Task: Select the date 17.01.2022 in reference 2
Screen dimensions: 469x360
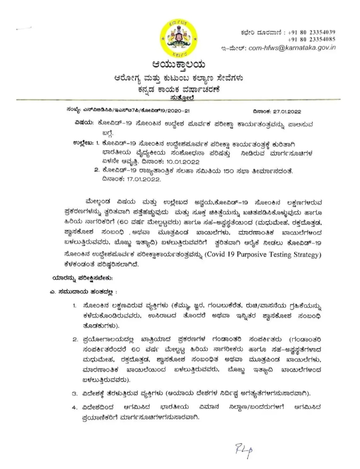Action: pos(144,179)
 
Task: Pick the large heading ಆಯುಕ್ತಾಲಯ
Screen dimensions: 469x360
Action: pos(178,65)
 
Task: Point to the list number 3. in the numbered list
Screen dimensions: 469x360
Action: pos(75,394)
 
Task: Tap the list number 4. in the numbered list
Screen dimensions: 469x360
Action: pos(75,407)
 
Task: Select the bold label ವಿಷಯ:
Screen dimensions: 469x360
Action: pos(83,123)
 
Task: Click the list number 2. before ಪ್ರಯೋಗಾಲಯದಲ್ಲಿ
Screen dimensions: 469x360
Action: pos(75,340)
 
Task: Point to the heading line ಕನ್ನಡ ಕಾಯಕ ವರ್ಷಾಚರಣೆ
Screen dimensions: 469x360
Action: pos(180,89)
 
